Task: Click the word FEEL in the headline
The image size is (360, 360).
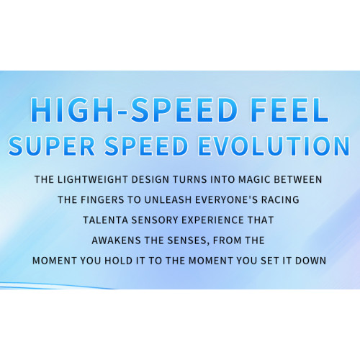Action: click(x=289, y=110)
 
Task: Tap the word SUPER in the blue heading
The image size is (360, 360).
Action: click(x=52, y=146)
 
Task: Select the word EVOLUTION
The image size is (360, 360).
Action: click(x=274, y=146)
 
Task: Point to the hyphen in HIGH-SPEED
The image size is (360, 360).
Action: click(x=122, y=112)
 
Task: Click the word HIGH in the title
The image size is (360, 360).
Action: click(x=72, y=110)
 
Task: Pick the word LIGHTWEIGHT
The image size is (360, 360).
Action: click(x=92, y=179)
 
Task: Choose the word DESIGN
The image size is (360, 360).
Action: click(x=150, y=179)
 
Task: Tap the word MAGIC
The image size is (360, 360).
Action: click(x=254, y=179)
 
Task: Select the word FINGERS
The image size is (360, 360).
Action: click(x=102, y=199)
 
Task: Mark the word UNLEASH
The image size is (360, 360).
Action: click(x=168, y=199)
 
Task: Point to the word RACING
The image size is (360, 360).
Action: click(x=280, y=199)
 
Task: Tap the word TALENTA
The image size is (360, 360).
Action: click(x=105, y=220)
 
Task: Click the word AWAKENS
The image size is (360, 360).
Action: click(x=116, y=240)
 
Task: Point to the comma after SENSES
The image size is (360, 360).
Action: click(x=208, y=243)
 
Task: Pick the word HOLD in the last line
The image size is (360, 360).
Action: click(x=119, y=261)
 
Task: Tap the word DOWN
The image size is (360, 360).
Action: click(x=310, y=261)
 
